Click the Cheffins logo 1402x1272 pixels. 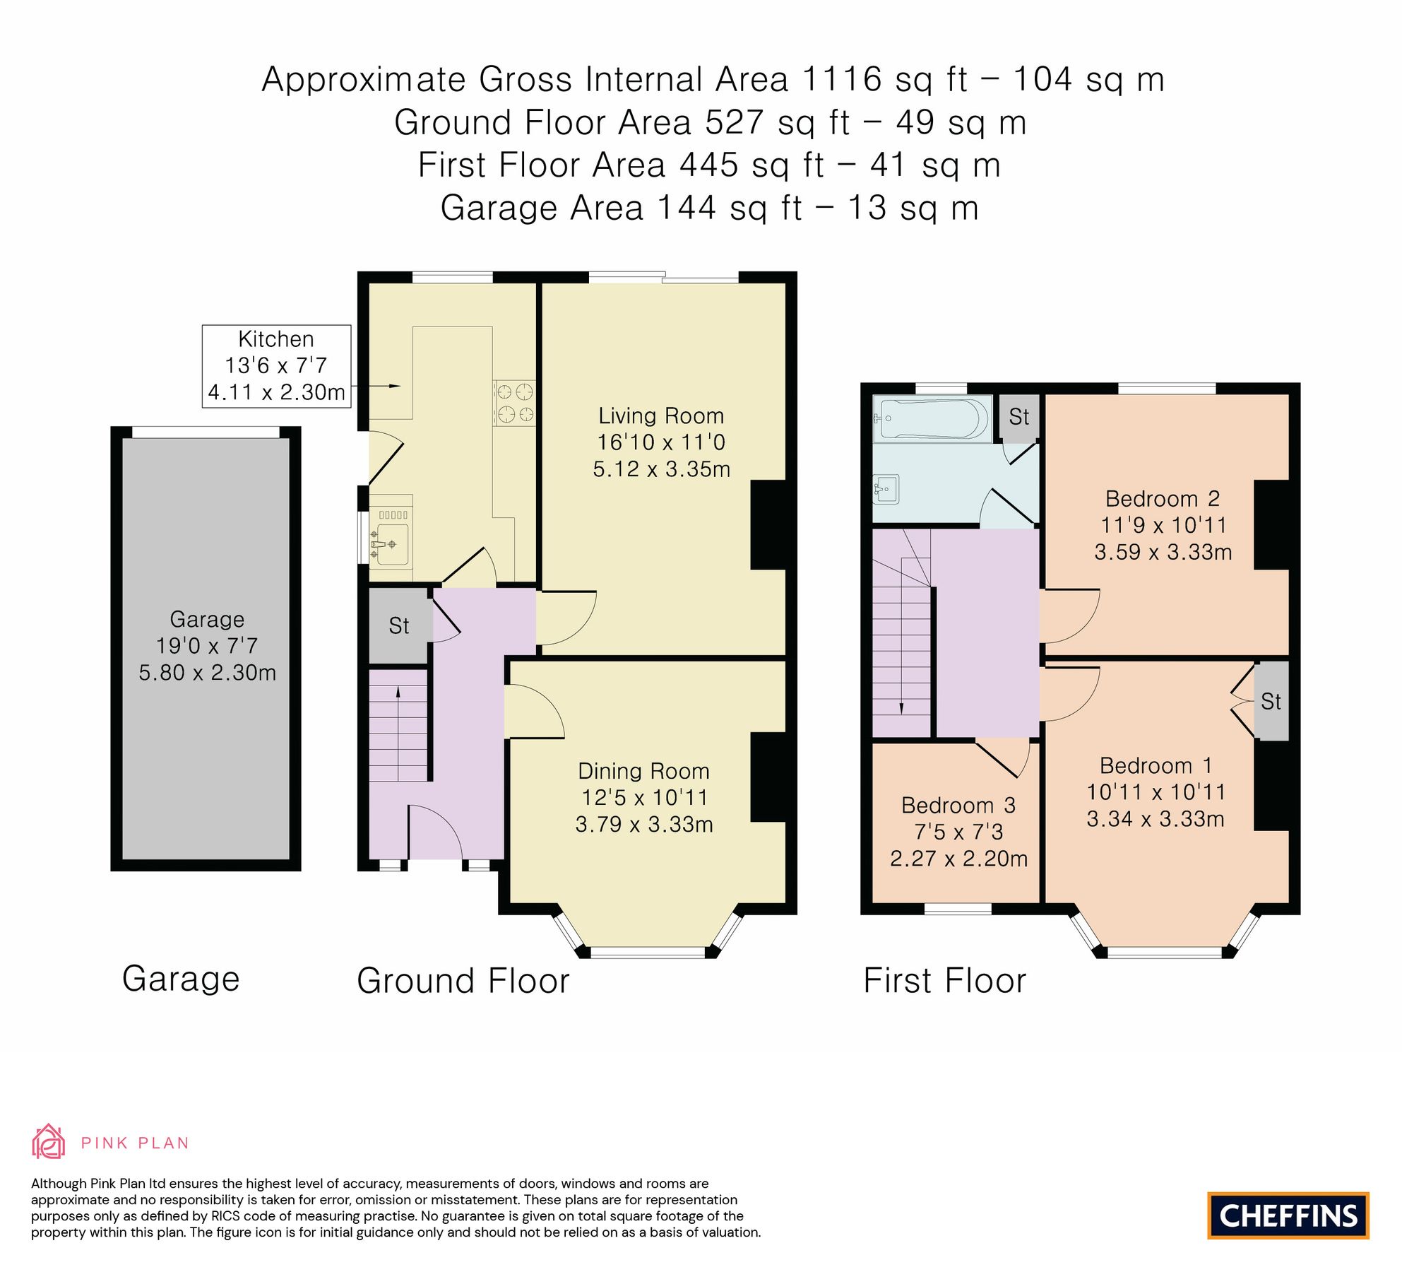pyautogui.click(x=1288, y=1215)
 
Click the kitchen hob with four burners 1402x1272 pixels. pyautogui.click(x=514, y=403)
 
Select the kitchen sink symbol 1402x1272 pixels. pyautogui.click(x=391, y=543)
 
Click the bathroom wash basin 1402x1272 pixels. pyautogui.click(x=886, y=489)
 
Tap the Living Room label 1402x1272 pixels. pyautogui.click(x=661, y=416)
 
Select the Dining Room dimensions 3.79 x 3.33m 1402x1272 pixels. pyautogui.click(x=643, y=824)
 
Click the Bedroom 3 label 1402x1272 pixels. pyautogui.click(x=958, y=805)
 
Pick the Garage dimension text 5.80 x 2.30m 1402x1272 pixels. pyautogui.click(x=207, y=672)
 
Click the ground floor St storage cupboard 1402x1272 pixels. pyautogui.click(x=398, y=625)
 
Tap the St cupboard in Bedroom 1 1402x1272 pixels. pyautogui.click(x=1271, y=701)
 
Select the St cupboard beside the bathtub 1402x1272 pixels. pyautogui.click(x=1018, y=417)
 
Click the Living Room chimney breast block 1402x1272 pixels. pyautogui.click(x=768, y=524)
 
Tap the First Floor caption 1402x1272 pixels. pyautogui.click(x=944, y=981)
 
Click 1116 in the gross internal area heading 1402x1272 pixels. pyautogui.click(x=842, y=79)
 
